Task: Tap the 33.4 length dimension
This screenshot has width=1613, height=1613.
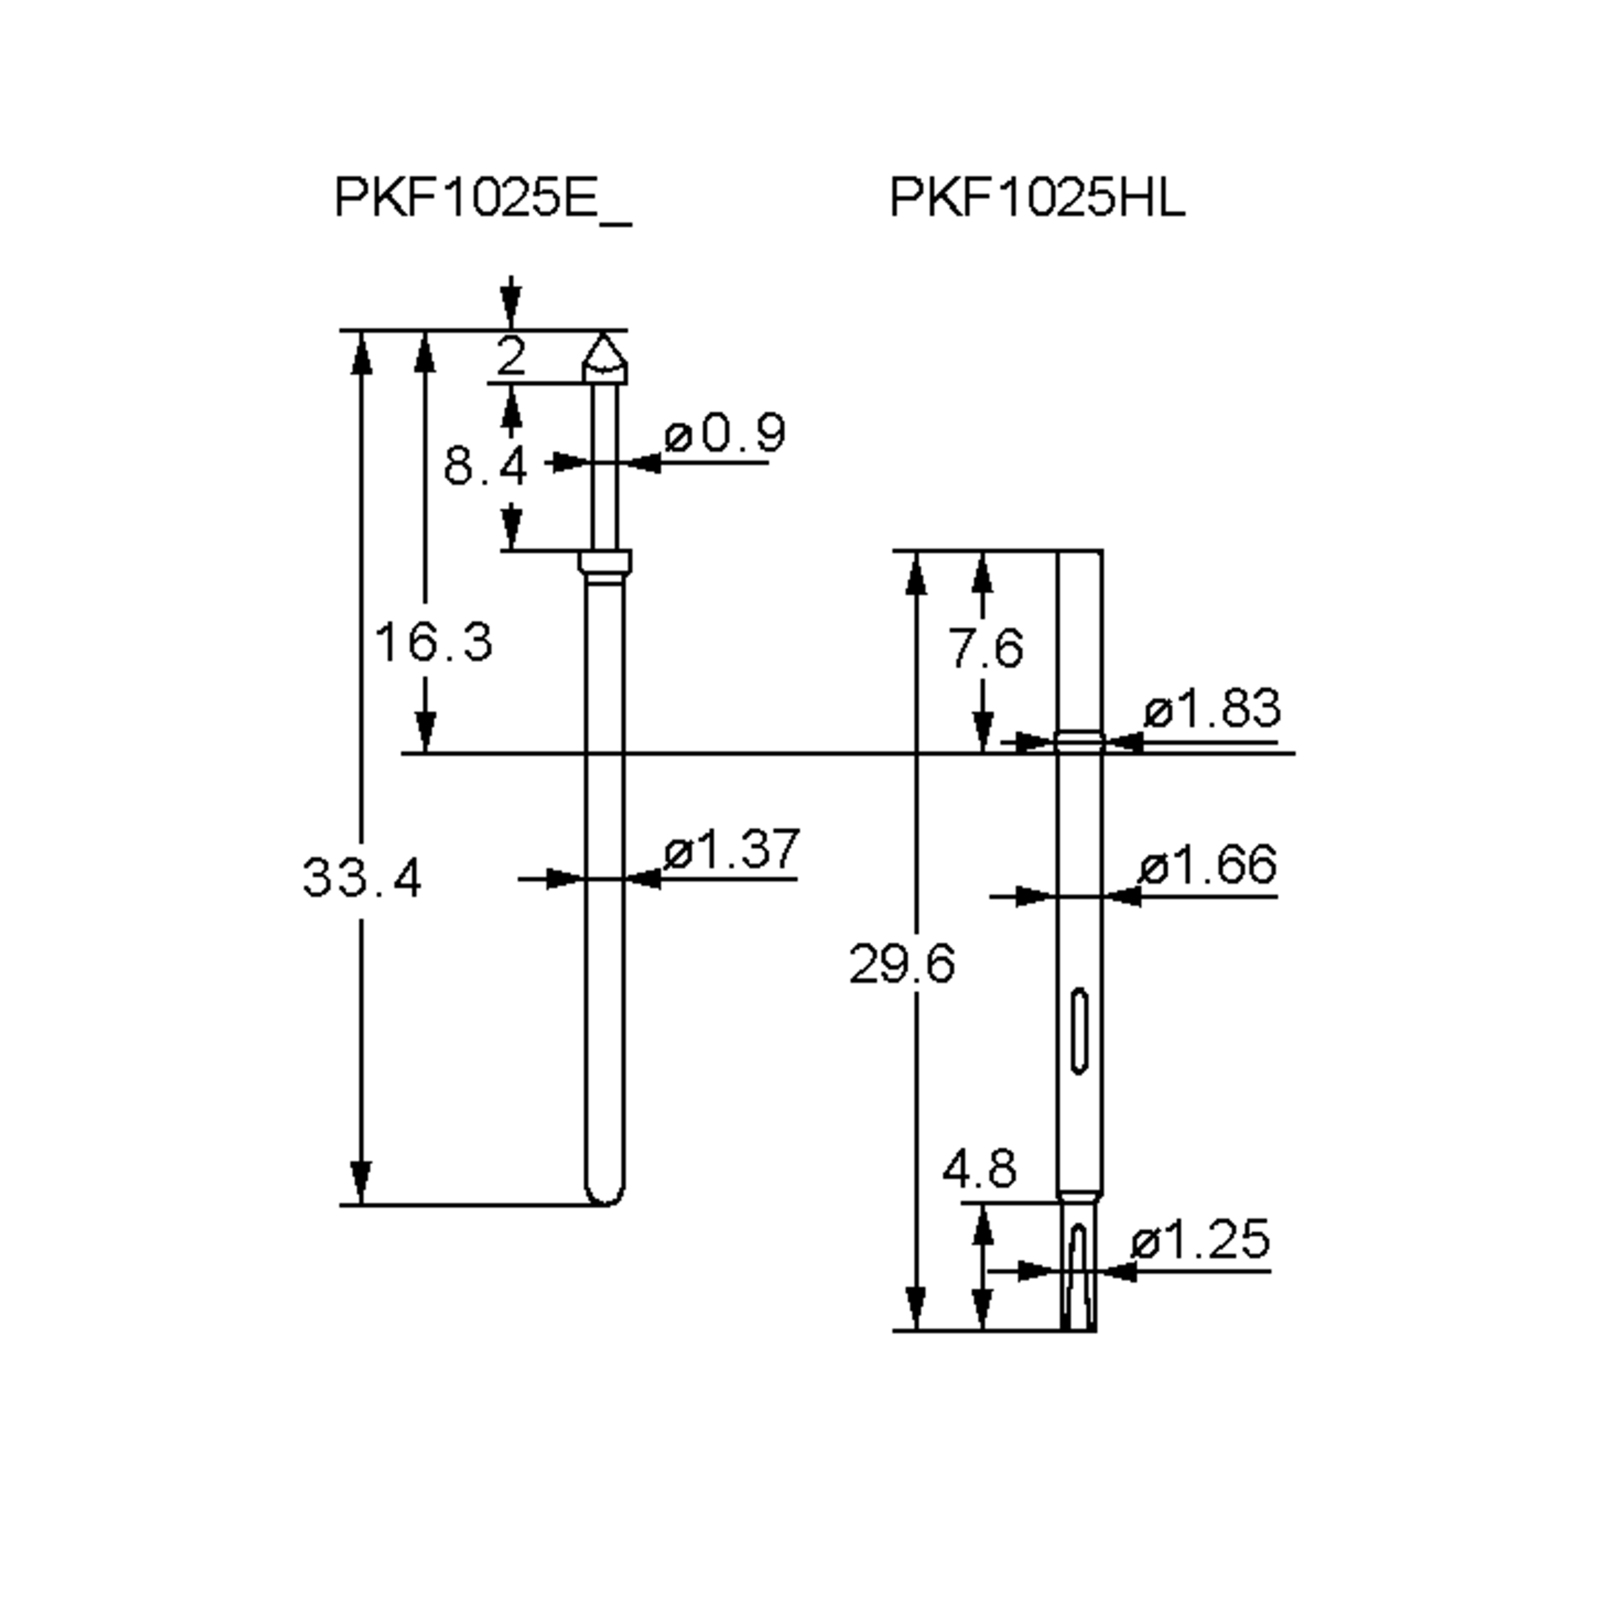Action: click(362, 878)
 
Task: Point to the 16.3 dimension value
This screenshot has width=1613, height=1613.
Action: click(432, 642)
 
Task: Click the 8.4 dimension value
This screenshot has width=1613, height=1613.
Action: click(484, 465)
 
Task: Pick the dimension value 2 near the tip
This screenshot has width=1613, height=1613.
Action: click(510, 356)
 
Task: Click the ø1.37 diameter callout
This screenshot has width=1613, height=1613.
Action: click(731, 848)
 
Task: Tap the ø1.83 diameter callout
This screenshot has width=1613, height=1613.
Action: click(1211, 708)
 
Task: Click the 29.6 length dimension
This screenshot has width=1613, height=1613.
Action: click(902, 964)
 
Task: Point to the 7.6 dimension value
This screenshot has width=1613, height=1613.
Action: click(985, 648)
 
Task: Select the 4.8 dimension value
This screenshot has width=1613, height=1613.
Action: click(979, 1168)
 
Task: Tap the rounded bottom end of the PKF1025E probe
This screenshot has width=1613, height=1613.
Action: click(604, 1196)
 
